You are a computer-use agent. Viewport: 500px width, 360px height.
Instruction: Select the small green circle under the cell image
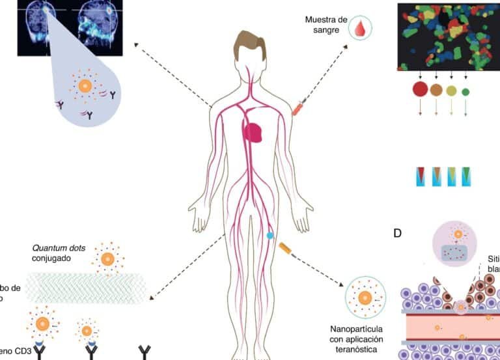coord(465,92)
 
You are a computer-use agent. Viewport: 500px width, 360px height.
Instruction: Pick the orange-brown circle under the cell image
coord(437,90)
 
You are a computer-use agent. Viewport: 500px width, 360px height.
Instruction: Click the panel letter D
coord(397,232)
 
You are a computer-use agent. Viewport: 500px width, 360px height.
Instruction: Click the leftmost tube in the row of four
coord(421,176)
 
